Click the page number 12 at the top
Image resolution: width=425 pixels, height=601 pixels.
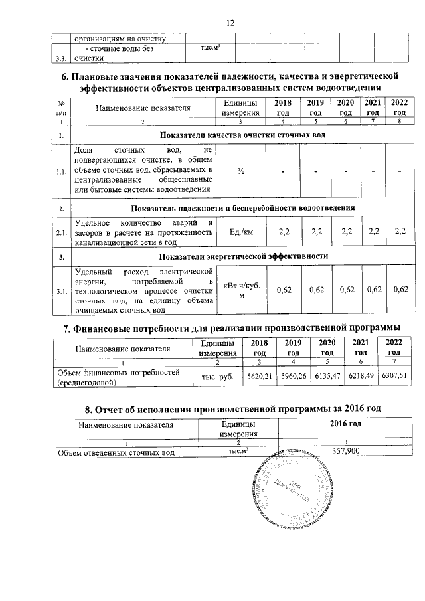pyautogui.click(x=231, y=23)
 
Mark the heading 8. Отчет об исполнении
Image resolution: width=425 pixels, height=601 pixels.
pyautogui.click(x=231, y=408)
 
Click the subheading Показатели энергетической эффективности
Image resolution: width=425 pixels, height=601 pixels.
pyautogui.click(x=244, y=256)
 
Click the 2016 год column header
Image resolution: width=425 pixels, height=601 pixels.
pyautogui.click(x=345, y=424)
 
